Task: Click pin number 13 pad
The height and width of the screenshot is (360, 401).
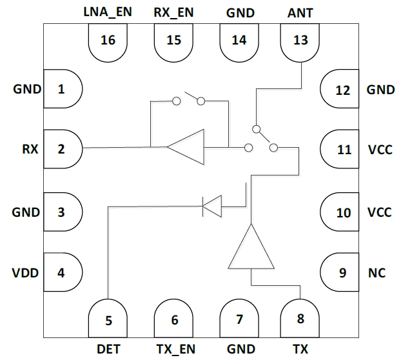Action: [301, 42]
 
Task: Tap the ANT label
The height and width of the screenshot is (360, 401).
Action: [301, 12]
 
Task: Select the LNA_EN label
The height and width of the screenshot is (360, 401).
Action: [108, 12]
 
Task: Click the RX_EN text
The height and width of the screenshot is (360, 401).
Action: [174, 12]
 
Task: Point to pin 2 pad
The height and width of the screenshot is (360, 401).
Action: [63, 150]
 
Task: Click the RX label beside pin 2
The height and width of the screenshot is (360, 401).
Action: [30, 150]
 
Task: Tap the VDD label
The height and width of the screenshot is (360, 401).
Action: [26, 273]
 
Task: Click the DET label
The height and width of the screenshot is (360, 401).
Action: [108, 349]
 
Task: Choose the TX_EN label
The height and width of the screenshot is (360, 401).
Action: [175, 349]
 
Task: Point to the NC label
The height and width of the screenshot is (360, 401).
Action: [377, 273]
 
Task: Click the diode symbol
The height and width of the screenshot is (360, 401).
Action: [212, 206]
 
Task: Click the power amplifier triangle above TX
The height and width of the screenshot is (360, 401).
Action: [251, 250]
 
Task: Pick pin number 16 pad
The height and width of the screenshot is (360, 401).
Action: [108, 42]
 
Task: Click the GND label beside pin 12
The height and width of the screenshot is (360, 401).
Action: [380, 90]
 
